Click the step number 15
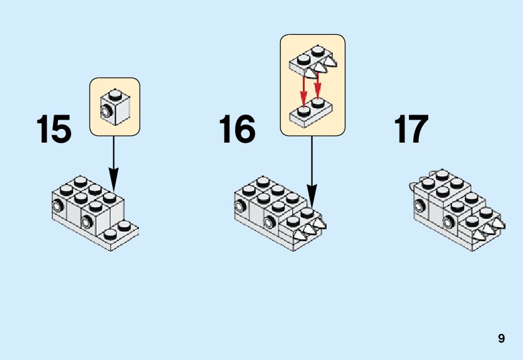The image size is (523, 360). click(x=54, y=130)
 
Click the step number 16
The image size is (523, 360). click(x=237, y=130)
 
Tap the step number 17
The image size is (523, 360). click(x=411, y=130)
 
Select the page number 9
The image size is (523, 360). click(x=501, y=339)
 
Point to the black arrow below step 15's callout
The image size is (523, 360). click(x=113, y=162)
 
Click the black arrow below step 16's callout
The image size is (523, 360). click(x=312, y=168)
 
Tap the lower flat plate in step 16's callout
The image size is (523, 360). click(x=312, y=115)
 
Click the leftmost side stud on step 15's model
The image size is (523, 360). click(x=57, y=207)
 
